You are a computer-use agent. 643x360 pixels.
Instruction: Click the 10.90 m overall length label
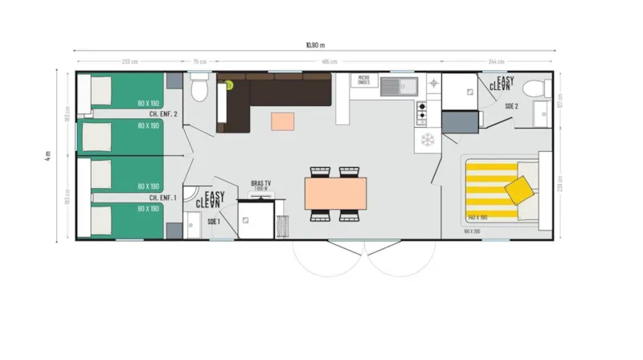[x=315, y=45]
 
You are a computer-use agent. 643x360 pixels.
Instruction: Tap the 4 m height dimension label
[x=48, y=154]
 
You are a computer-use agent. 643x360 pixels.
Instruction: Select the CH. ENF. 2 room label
[x=163, y=115]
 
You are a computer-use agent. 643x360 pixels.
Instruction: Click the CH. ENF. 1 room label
[x=163, y=197]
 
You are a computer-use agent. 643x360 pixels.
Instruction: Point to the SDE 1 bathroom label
[x=213, y=221]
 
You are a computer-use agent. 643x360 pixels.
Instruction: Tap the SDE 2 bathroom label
[x=511, y=106]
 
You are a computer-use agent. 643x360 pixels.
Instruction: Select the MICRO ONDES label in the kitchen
[x=364, y=80]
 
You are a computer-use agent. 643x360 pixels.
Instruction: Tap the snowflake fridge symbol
[x=427, y=138]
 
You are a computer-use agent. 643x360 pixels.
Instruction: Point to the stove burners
[x=420, y=112]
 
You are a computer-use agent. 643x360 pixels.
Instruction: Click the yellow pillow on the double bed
[x=519, y=190]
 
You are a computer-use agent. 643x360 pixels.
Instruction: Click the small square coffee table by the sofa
[x=283, y=121]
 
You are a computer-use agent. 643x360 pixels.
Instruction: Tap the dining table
[x=335, y=193]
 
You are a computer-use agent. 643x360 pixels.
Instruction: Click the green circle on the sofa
[x=228, y=83]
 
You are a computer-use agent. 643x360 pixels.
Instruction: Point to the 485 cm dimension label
[x=330, y=62]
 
